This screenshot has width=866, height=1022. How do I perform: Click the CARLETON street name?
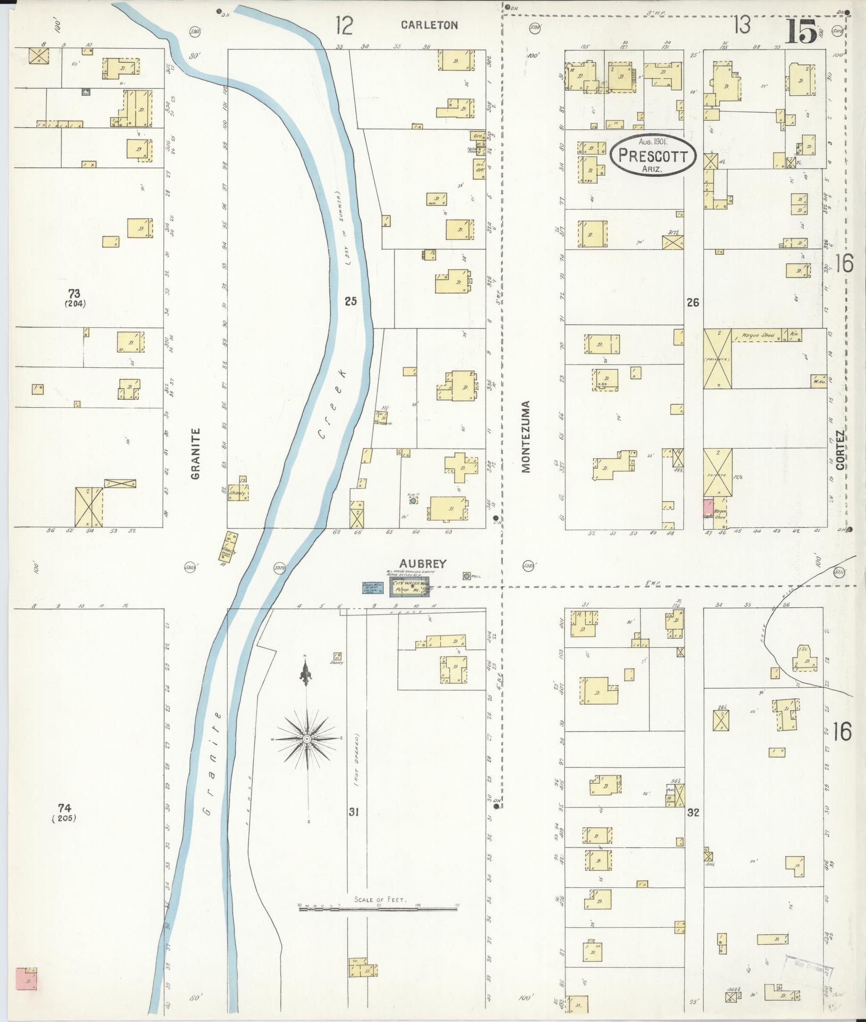tap(429, 25)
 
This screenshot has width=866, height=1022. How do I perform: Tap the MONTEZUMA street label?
tap(527, 436)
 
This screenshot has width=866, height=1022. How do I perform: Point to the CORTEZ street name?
tap(840, 450)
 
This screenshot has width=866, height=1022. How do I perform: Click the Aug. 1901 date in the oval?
tap(653, 141)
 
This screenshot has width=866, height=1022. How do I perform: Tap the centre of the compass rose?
tap(307, 740)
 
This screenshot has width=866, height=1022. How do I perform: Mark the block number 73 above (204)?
tap(74, 293)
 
